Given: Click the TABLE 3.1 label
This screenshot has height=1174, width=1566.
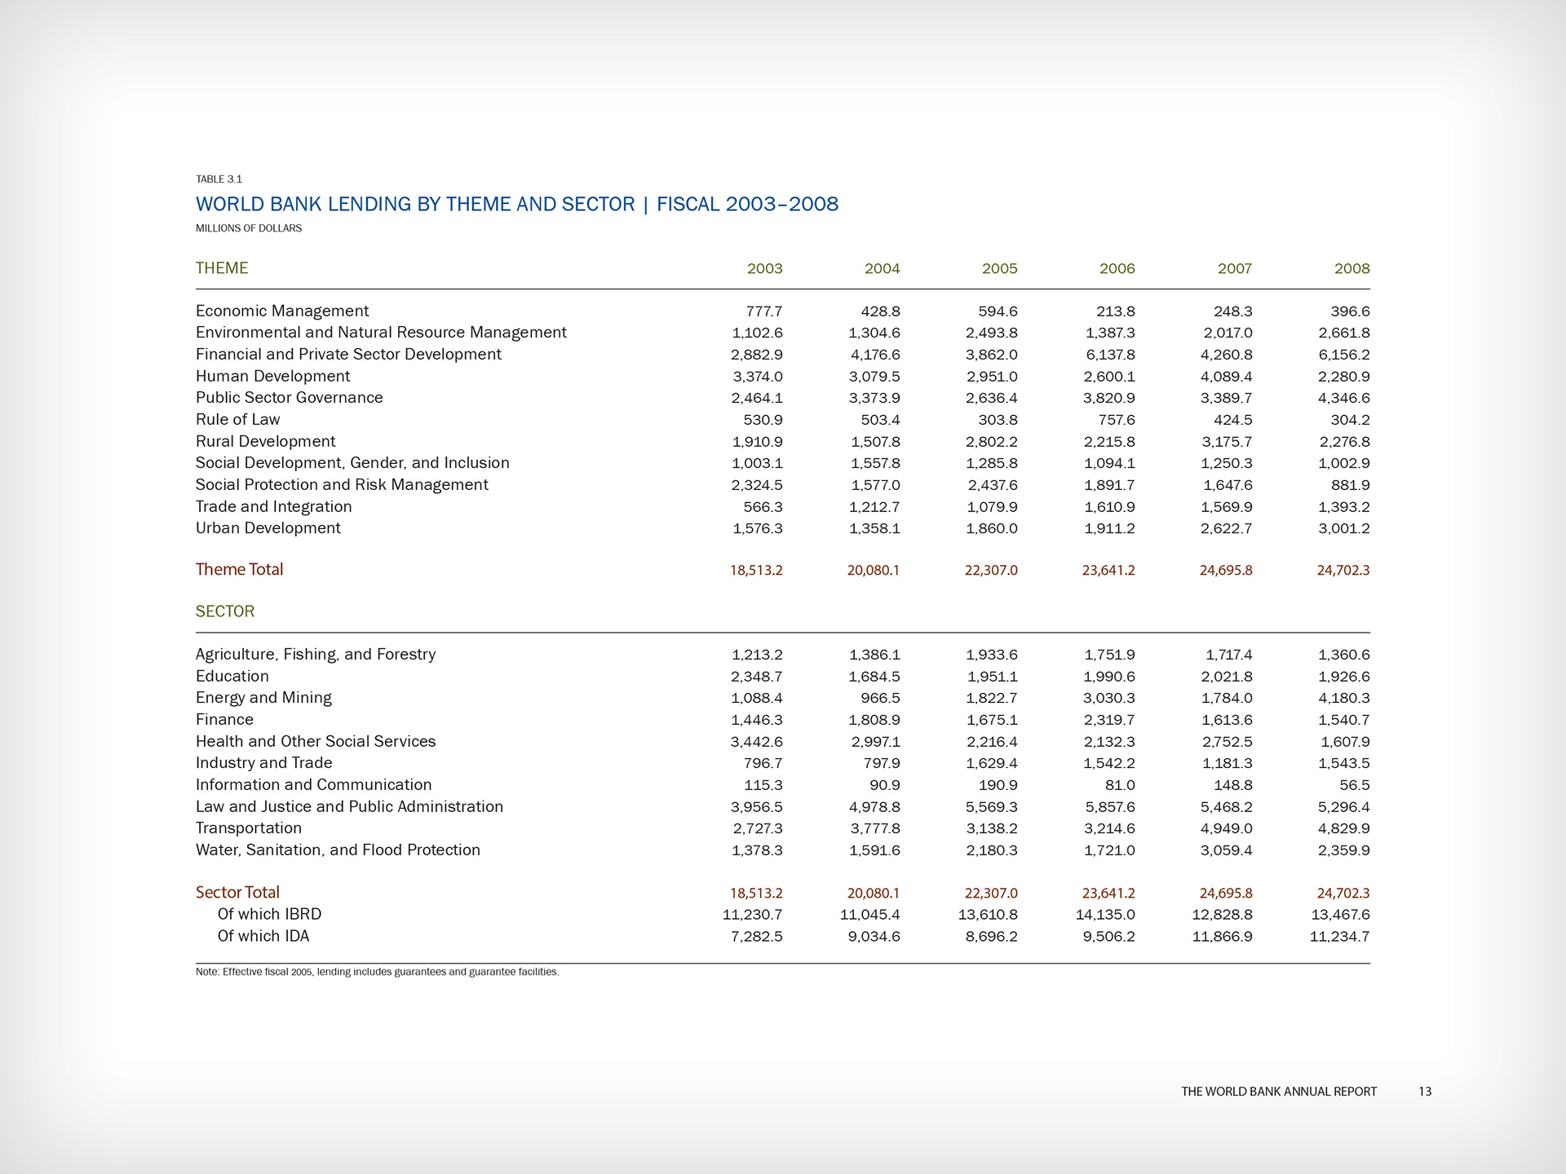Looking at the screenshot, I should [x=219, y=179].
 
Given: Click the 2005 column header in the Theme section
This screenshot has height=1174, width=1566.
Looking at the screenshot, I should [x=999, y=269].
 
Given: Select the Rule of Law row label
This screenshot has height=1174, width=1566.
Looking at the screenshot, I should [x=237, y=420].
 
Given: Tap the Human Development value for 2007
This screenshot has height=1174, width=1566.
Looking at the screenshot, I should [x=1226, y=377].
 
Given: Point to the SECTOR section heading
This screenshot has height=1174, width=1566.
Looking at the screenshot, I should [x=225, y=611].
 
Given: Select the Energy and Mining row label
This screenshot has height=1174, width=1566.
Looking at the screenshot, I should [x=263, y=698].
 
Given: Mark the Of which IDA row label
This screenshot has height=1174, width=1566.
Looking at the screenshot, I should [x=263, y=937].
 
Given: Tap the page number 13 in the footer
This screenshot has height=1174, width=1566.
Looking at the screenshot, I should [x=1424, y=1092].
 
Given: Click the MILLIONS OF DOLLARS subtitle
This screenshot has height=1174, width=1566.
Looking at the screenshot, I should [x=249, y=228].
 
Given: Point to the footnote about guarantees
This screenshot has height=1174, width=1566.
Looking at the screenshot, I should [x=377, y=972].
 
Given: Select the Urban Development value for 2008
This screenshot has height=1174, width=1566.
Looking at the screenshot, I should [x=1343, y=528].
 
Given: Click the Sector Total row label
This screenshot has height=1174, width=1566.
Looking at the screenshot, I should [x=237, y=893].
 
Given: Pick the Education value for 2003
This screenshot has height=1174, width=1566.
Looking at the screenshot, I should [x=757, y=677].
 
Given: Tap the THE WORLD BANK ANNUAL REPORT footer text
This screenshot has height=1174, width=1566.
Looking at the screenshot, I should [x=1278, y=1092].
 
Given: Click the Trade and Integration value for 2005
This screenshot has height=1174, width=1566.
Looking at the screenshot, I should [x=991, y=507].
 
